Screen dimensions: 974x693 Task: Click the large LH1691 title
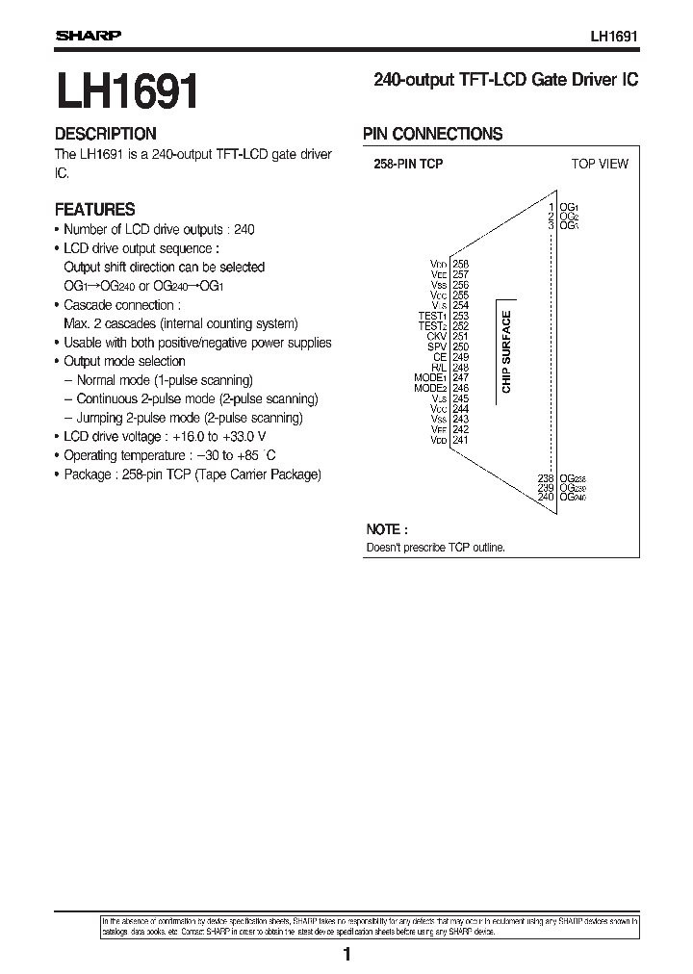click(128, 94)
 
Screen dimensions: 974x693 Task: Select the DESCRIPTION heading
click(105, 134)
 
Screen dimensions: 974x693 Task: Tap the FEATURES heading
click(94, 209)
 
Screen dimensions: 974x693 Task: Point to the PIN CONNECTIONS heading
click(432, 134)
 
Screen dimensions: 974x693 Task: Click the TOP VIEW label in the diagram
click(599, 164)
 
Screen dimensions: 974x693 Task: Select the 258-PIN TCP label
click(408, 165)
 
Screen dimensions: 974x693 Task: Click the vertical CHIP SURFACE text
click(506, 352)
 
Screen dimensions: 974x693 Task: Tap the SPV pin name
click(438, 346)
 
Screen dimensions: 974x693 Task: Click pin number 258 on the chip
click(460, 264)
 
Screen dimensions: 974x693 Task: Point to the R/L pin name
click(439, 368)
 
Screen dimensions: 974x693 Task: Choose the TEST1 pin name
click(432, 316)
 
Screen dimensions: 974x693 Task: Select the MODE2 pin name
click(430, 389)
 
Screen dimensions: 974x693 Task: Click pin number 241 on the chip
click(460, 440)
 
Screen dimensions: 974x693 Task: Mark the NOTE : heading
click(386, 529)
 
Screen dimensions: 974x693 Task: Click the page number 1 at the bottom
click(346, 954)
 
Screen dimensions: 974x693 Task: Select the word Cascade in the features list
click(85, 304)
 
